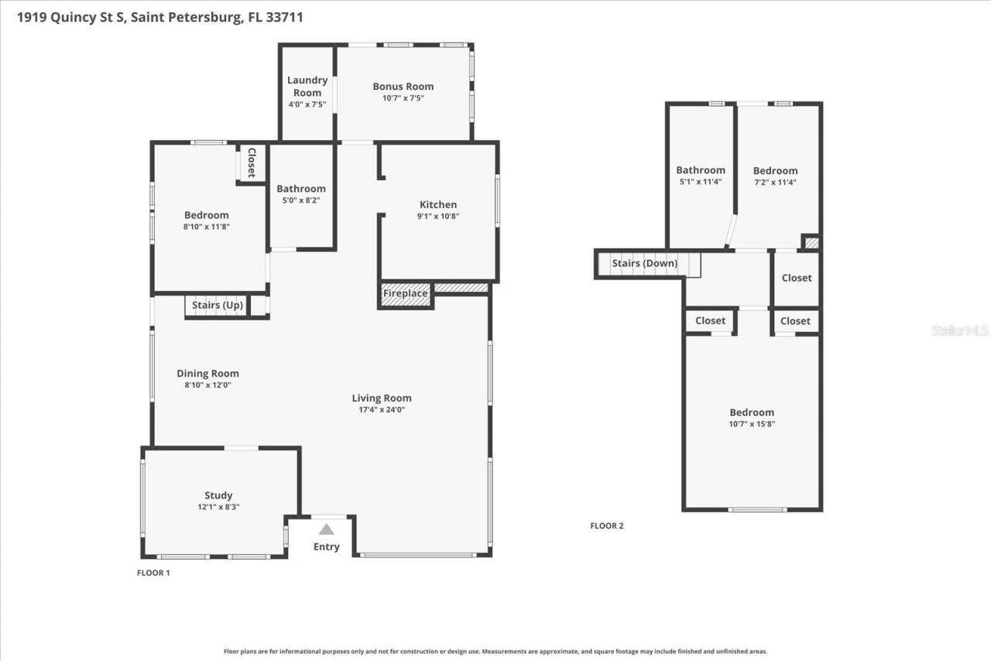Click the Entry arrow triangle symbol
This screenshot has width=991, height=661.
327,529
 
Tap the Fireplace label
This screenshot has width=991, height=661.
405,293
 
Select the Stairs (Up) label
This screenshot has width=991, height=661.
218,306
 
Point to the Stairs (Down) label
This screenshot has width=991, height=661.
644,263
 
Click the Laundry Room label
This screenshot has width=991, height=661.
307,86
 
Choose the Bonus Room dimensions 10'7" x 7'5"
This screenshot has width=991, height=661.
403,98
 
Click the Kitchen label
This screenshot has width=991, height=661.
438,204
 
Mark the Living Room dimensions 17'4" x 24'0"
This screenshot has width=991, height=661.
382,410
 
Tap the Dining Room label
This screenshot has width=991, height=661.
207,373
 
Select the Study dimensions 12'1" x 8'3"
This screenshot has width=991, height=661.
218,507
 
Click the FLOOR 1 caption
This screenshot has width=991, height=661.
153,573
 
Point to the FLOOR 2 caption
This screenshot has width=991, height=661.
606,526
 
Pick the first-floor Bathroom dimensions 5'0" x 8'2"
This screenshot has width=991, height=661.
301,200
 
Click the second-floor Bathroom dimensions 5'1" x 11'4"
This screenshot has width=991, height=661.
700,182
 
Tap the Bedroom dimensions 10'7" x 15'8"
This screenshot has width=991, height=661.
751,424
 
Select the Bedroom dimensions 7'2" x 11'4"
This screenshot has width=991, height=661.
775,182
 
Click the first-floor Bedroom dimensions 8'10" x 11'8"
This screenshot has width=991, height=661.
207,227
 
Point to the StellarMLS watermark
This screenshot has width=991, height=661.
960,330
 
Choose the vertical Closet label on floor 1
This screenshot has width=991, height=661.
251,163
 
